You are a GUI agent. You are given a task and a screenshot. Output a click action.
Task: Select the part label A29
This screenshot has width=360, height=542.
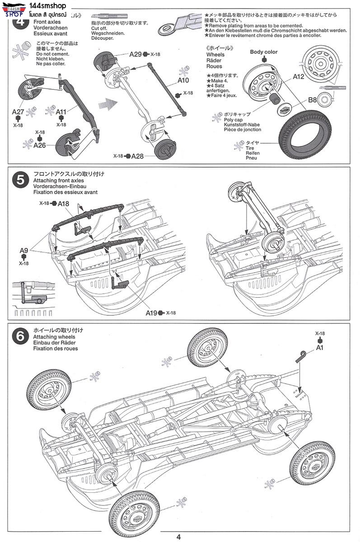point(136,54)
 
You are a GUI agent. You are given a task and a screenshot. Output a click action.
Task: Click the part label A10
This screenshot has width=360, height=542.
point(183,81)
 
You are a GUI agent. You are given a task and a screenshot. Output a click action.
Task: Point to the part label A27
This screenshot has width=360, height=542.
point(18,112)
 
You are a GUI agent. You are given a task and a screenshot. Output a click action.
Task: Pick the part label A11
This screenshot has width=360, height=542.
point(62,112)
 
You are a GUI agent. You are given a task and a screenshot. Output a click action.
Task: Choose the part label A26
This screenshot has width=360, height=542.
point(40,145)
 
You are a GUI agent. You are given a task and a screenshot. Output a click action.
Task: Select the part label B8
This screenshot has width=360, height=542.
point(313,100)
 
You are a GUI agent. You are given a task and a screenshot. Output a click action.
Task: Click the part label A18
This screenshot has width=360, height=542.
point(63,204)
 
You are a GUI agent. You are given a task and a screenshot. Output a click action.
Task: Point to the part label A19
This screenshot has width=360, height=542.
point(151,313)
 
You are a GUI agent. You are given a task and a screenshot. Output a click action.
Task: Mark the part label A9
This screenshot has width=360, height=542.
point(24,250)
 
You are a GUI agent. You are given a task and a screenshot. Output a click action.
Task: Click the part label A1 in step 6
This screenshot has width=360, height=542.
point(320,348)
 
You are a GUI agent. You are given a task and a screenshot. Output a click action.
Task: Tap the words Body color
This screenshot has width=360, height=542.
point(264,52)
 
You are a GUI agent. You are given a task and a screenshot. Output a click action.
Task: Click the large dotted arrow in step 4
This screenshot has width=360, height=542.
point(106,104)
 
